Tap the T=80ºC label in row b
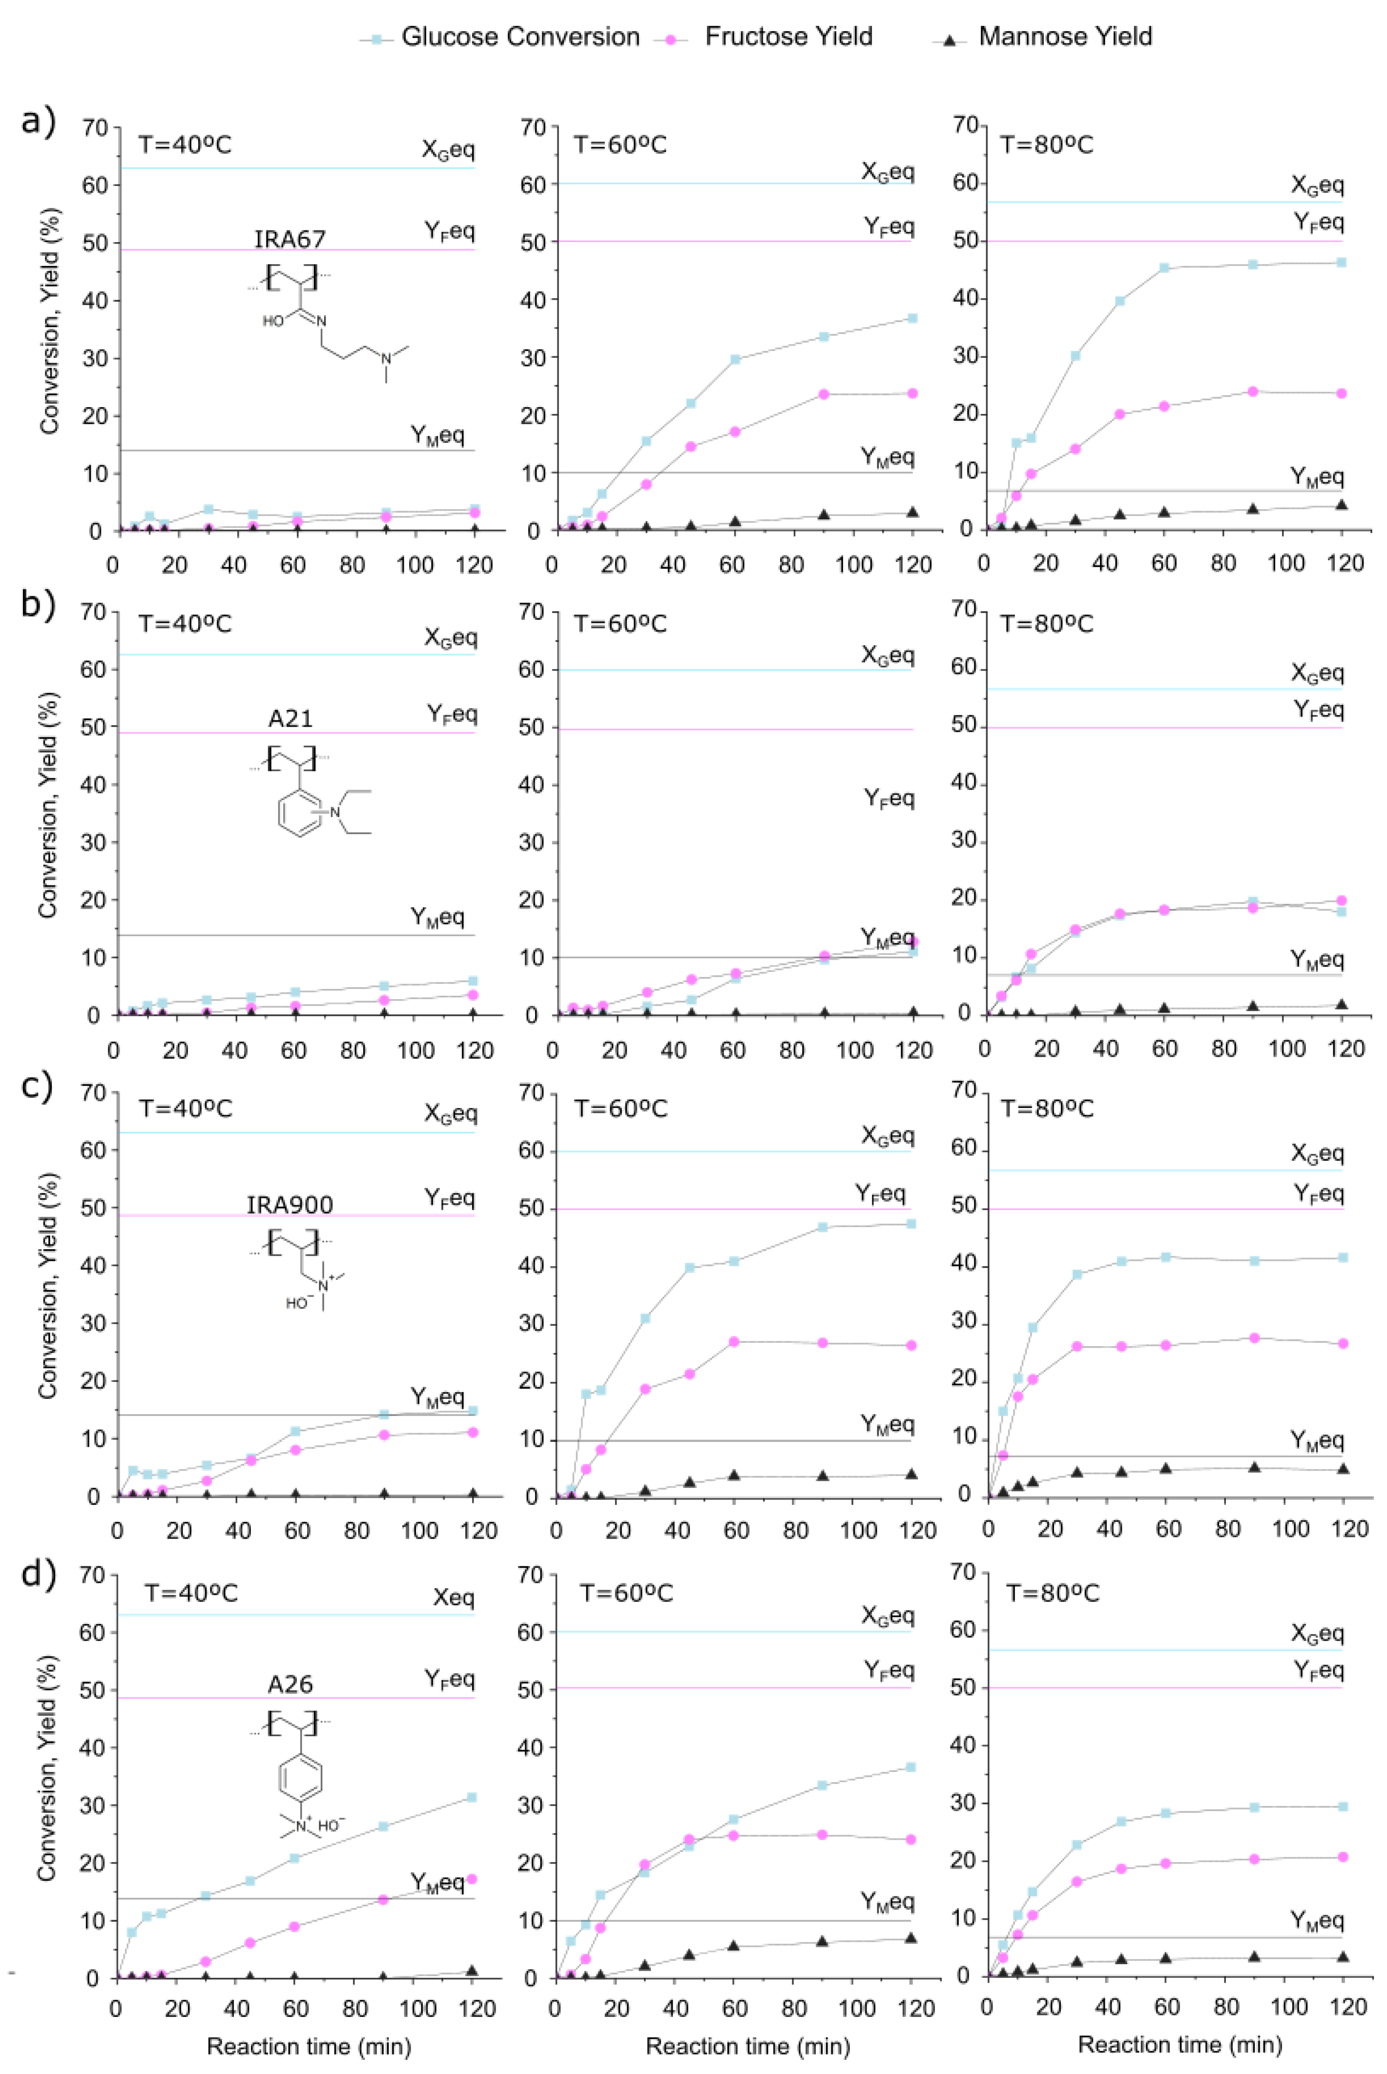point(1046,624)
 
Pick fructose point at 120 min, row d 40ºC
point(473,1879)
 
